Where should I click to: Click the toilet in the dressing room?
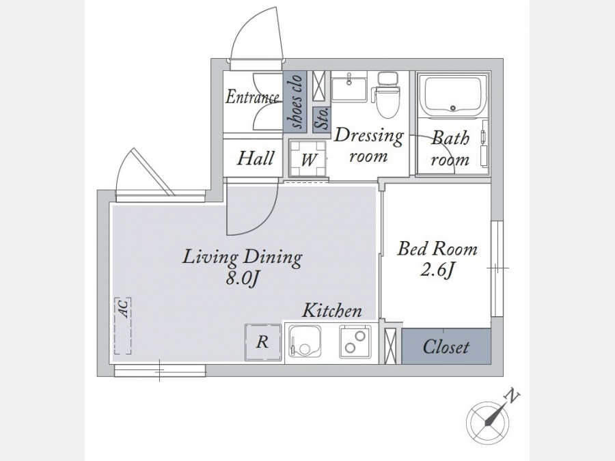tap(387, 94)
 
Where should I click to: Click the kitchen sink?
tap(305, 341)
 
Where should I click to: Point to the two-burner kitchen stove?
tap(355, 341)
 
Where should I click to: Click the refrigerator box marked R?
tap(263, 342)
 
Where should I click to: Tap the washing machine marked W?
tap(308, 158)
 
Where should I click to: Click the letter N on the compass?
tap(512, 396)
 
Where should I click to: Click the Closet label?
tap(446, 347)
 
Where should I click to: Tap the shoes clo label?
tap(296, 101)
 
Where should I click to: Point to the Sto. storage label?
tap(323, 119)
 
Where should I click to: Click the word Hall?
tap(256, 158)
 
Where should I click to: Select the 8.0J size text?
tap(243, 279)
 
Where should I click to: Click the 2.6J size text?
tap(437, 270)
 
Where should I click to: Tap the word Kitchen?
tap(332, 311)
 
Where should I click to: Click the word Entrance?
tap(252, 97)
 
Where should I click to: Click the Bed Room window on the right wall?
tap(497, 268)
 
